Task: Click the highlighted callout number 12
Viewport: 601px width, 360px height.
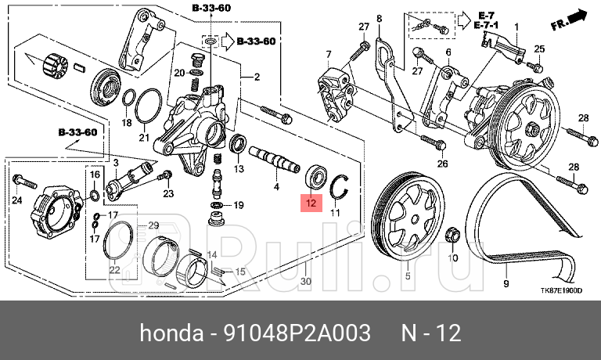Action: pyautogui.click(x=311, y=204)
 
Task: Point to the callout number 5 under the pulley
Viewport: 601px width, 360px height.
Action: pyautogui.click(x=406, y=276)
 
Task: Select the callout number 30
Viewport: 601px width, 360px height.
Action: pyautogui.click(x=306, y=281)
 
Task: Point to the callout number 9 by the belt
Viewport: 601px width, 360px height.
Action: pyautogui.click(x=506, y=284)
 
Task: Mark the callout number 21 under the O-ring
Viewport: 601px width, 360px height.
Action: pyautogui.click(x=143, y=139)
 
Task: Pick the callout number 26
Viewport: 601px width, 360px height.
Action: pyautogui.click(x=442, y=164)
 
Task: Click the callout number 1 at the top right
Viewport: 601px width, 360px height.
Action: pyautogui.click(x=516, y=27)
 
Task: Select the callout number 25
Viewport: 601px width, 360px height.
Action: pyautogui.click(x=538, y=49)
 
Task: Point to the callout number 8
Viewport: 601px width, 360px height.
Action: pyautogui.click(x=379, y=18)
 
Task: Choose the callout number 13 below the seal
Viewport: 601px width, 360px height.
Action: pyautogui.click(x=239, y=169)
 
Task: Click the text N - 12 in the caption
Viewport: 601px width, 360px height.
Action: pyautogui.click(x=430, y=334)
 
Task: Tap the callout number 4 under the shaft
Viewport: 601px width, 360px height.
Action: pyautogui.click(x=275, y=188)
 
